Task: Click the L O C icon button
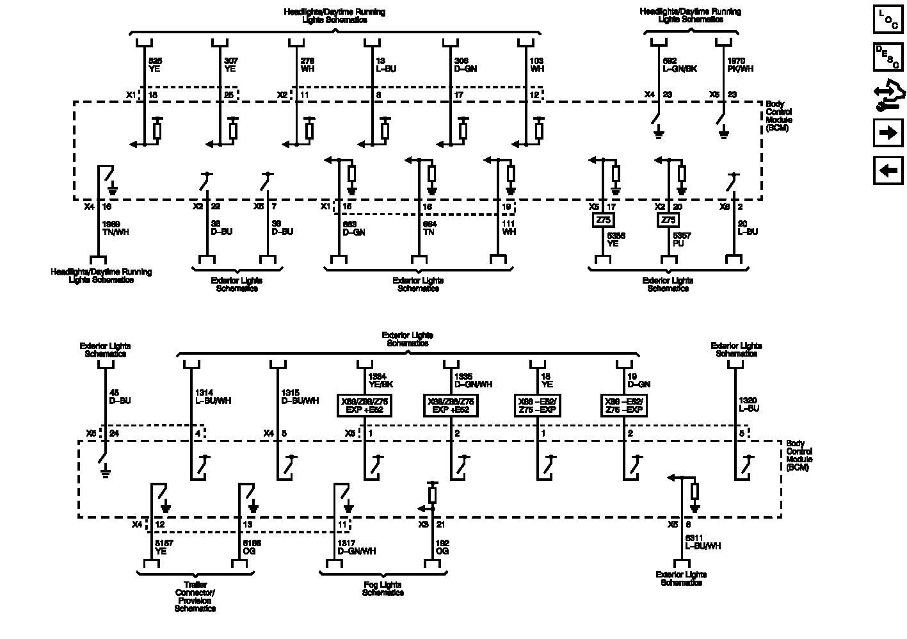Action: tap(888, 20)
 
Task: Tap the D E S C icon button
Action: tap(888, 57)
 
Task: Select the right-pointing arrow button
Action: tap(888, 133)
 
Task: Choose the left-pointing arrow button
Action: tap(888, 171)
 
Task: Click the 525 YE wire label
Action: tap(156, 65)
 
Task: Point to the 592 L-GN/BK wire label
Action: tap(679, 65)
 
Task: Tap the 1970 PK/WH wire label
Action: tap(740, 65)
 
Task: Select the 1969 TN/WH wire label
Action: tap(115, 228)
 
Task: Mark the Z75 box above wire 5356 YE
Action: tap(602, 220)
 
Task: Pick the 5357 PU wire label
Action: tap(681, 239)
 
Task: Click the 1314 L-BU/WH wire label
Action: tap(213, 397)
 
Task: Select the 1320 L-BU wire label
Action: tap(749, 404)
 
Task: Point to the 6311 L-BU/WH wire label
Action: tap(703, 542)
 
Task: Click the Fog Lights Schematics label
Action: tap(383, 588)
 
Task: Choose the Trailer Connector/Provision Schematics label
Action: tap(195, 597)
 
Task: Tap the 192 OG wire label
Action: tap(442, 547)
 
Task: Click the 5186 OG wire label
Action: tap(252, 547)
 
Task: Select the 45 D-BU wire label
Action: tap(120, 397)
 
